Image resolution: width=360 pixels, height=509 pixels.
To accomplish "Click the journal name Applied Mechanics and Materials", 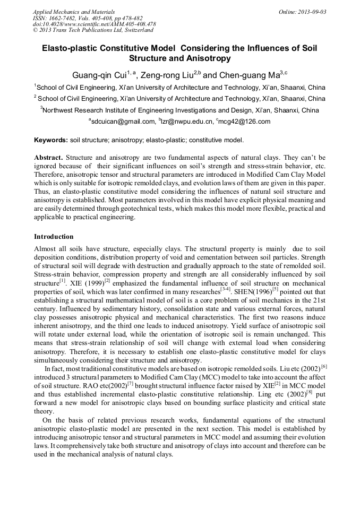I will point(73,11).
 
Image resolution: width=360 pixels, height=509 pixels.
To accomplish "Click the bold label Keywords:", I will point(50,141).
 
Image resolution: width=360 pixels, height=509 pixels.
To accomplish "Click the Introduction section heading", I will point(54,236).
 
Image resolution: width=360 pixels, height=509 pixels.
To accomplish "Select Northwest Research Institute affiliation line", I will point(179,110).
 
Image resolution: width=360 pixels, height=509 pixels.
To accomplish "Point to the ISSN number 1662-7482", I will point(62,18).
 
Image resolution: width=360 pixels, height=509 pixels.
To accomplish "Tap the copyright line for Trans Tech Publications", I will point(92,30).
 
